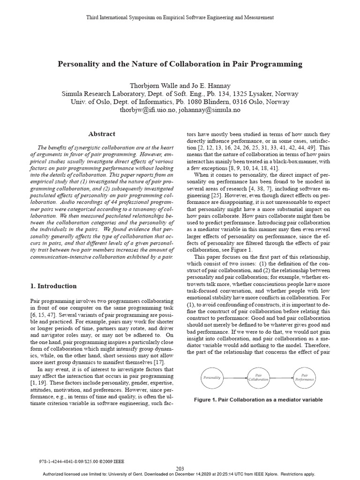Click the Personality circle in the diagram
pos(212,377)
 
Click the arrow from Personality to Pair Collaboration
pos(235,377)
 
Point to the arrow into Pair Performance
pos(281,377)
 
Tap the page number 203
pos(180,469)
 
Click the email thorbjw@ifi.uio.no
pos(148,110)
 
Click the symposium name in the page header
pos(180,17)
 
